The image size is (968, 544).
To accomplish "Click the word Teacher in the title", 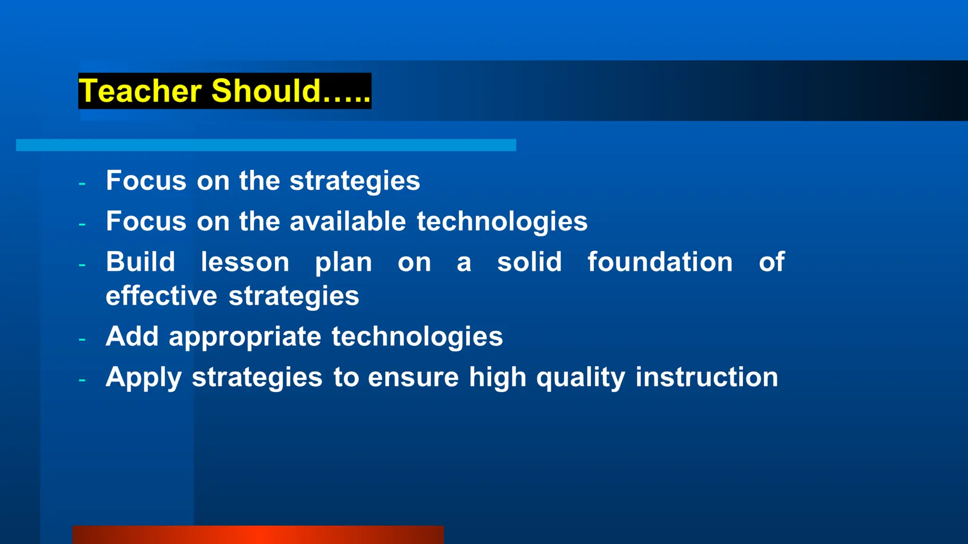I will pyautogui.click(x=140, y=91).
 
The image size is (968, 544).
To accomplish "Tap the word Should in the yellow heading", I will pyautogui.click(x=266, y=91).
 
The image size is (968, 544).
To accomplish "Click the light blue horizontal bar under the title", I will pyautogui.click(x=266, y=145).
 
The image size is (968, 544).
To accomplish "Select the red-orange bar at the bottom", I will pyautogui.click(x=258, y=535).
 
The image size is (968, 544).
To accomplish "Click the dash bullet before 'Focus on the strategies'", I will pyautogui.click(x=82, y=183).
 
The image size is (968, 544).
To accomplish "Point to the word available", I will pyautogui.click(x=347, y=221).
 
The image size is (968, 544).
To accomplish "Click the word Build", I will pyautogui.click(x=140, y=262).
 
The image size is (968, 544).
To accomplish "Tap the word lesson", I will pyautogui.click(x=245, y=262).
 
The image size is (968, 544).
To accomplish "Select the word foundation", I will pyautogui.click(x=660, y=262).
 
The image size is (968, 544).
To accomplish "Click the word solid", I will pyautogui.click(x=529, y=262).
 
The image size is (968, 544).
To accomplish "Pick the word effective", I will pyautogui.click(x=161, y=296).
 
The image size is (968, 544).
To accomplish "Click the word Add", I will pyautogui.click(x=132, y=336).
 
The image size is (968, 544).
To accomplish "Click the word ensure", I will pyautogui.click(x=413, y=378).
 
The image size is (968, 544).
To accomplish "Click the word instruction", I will pyautogui.click(x=706, y=377).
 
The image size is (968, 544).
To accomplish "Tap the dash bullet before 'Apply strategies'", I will pyautogui.click(x=82, y=380).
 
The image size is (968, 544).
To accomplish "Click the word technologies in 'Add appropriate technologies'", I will pyautogui.click(x=417, y=337).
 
